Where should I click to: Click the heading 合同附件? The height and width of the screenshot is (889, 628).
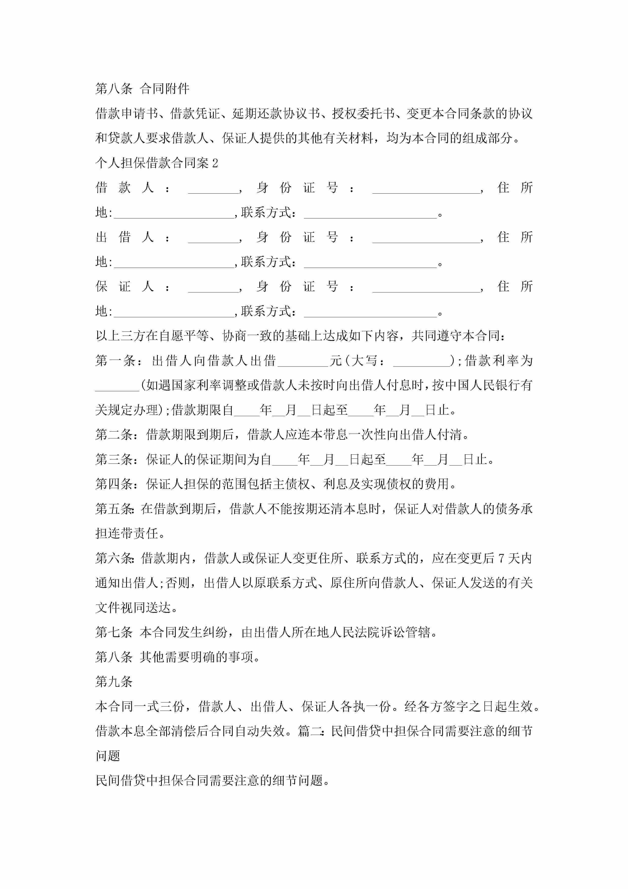point(164,89)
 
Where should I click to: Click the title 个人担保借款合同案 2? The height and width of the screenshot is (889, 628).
point(157,163)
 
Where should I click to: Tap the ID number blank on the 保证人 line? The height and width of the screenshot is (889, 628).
point(426,287)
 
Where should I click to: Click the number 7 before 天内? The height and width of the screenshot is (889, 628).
point(501,558)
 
